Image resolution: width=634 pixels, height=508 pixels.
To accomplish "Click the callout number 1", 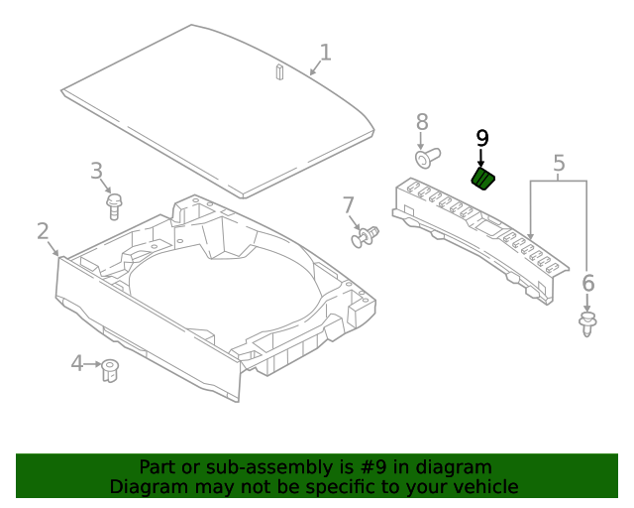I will pos(325,53).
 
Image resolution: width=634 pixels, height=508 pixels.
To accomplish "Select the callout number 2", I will pos(43,231).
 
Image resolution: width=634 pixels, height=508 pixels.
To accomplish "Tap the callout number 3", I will pos(97,171).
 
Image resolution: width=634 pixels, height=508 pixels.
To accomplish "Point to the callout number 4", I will pos(77,364).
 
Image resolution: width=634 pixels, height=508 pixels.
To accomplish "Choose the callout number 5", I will pos(559,163).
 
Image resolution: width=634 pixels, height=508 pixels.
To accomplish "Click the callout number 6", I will pos(587,284).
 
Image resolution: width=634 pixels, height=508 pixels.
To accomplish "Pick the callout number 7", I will pos(349,205).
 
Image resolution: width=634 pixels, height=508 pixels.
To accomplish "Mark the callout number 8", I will pos(422,122).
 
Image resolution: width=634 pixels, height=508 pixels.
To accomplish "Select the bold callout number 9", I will pos(482,138).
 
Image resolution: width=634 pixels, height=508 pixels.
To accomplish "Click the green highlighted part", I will pos(483,179).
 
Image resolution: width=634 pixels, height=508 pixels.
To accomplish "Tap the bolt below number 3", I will pos(114,206).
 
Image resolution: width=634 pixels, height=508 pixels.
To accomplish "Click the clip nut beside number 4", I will pos(111,370).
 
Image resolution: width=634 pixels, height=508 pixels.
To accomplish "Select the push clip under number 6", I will pos(587,322).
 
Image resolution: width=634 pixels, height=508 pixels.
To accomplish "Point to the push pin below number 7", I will pos(366,237).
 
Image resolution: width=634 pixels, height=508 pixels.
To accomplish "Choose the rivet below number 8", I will pos(426,158).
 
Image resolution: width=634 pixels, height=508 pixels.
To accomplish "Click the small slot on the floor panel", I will pos(279,71).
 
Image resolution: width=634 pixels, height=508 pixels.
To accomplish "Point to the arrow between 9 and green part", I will pos(482,158).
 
